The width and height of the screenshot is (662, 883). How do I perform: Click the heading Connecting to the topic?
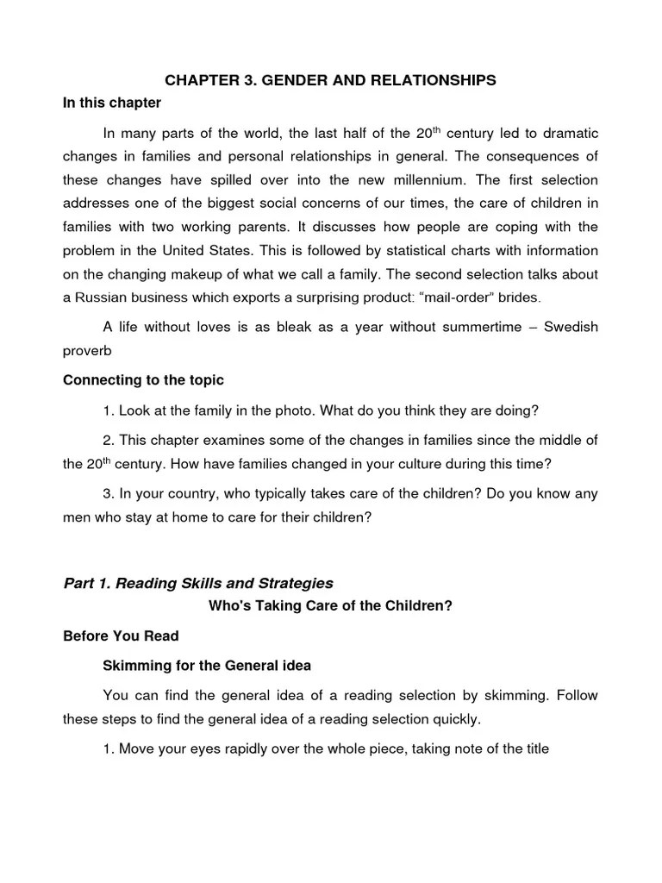coord(143,380)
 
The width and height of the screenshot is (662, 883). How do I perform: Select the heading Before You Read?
coord(121,636)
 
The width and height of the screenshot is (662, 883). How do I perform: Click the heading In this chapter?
coord(112,103)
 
